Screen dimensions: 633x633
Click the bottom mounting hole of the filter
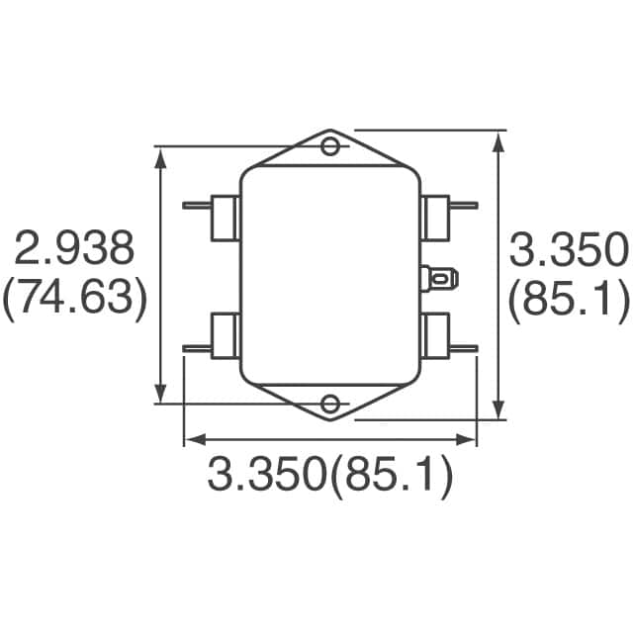tap(331, 403)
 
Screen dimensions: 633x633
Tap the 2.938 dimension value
tap(74, 248)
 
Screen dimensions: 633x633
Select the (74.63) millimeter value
tap(74, 298)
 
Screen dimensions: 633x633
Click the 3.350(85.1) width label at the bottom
tap(330, 478)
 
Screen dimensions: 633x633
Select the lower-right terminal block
tap(435, 336)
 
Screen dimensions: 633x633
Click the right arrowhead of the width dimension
tap(471, 438)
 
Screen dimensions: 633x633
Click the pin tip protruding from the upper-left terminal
tap(188, 206)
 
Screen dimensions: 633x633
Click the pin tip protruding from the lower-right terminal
tap(474, 347)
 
